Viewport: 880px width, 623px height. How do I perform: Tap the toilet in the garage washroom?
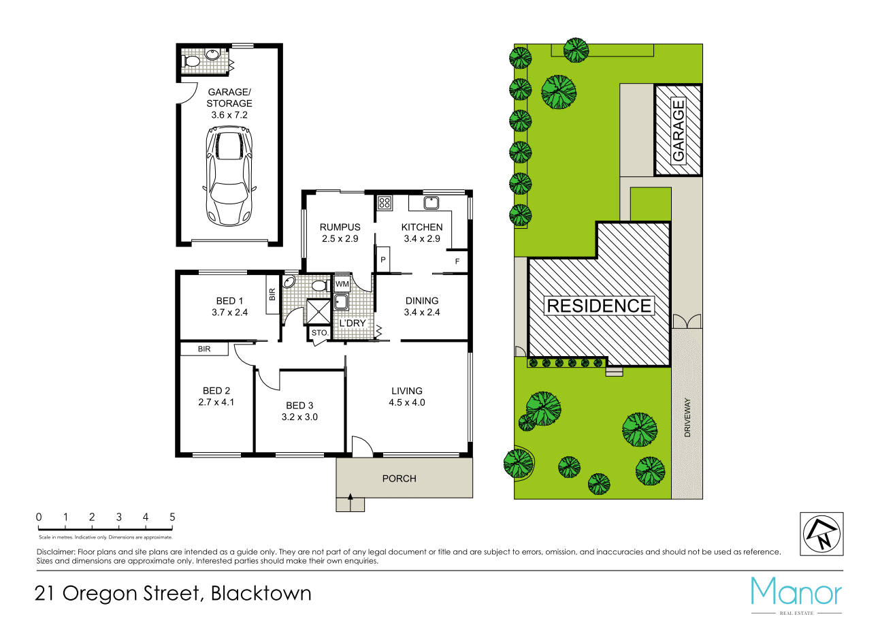[193, 61]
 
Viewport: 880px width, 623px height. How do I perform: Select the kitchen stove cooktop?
[385, 202]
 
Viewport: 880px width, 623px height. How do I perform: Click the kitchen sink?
[430, 202]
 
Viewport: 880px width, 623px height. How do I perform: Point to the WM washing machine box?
[342, 283]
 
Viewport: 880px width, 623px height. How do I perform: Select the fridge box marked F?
[457, 261]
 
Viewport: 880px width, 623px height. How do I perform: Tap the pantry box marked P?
[383, 260]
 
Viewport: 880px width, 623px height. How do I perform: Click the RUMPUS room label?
[340, 227]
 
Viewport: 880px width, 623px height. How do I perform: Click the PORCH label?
[399, 479]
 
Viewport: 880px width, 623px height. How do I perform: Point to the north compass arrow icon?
[821, 534]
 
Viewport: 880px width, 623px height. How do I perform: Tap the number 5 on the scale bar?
[172, 517]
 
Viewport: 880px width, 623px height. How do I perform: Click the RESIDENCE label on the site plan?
[599, 306]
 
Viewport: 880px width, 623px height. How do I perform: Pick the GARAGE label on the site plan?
[678, 130]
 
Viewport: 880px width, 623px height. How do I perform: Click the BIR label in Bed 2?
[203, 349]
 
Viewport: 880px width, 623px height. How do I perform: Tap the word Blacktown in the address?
[261, 593]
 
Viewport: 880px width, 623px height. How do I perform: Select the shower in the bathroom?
[318, 312]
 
